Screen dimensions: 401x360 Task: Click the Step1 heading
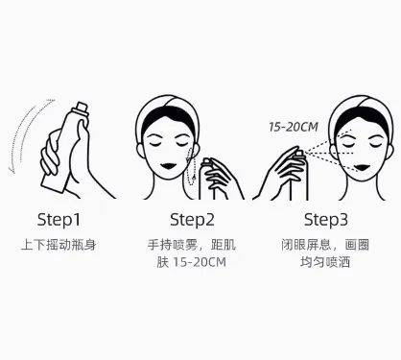coord(59,220)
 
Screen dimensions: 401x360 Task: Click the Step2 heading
coord(192,220)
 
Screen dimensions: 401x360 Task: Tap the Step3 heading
coord(326,220)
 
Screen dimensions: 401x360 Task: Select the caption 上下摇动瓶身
coord(59,245)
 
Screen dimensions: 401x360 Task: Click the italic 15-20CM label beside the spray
coord(294,127)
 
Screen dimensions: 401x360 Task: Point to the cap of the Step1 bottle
coord(83,108)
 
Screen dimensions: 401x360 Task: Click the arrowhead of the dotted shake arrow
coord(12,170)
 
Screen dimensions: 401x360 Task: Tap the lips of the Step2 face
coord(168,167)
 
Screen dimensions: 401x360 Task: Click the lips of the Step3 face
coord(363,167)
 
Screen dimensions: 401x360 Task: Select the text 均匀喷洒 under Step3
coord(325,262)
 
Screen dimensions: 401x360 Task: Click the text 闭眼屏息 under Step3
coord(306,245)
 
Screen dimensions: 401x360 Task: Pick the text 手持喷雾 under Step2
coord(173,245)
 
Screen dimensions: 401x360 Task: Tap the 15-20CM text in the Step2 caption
coord(200,262)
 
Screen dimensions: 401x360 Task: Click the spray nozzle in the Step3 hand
coord(299,153)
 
